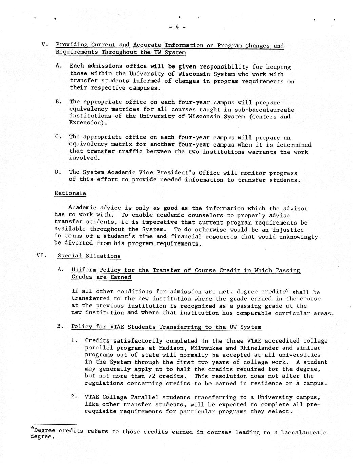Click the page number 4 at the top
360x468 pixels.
pyautogui.click(x=177, y=28)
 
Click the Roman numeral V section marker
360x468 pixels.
pyautogui.click(x=43, y=45)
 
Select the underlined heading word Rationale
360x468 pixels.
pyautogui.click(x=70, y=193)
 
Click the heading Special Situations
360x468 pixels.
pyautogui.click(x=89, y=256)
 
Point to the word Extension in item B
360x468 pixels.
pyautogui.click(x=86, y=122)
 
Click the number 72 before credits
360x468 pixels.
pyautogui.click(x=152, y=376)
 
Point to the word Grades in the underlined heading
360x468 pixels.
pyautogui.click(x=82, y=277)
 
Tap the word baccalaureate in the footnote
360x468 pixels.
pyautogui.click(x=304, y=432)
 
